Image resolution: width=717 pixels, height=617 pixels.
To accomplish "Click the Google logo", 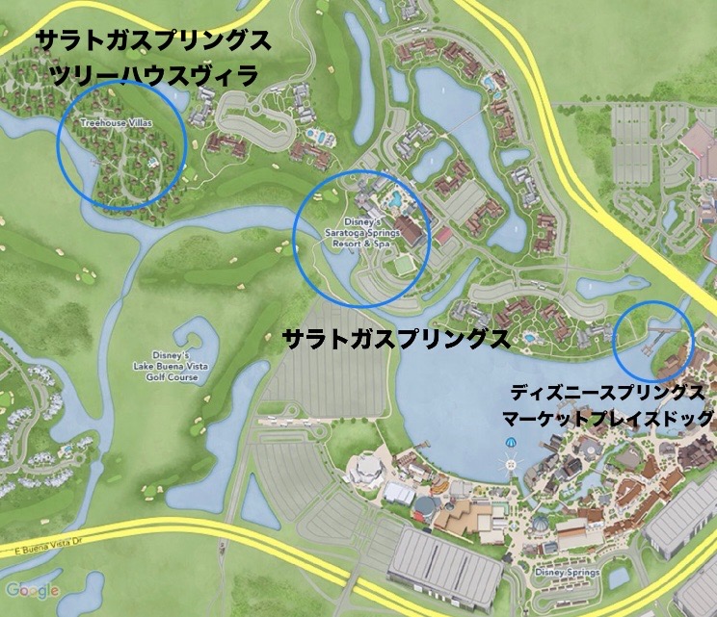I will tap(31, 590).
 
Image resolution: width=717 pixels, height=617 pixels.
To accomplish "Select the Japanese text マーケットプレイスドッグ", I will tap(607, 419).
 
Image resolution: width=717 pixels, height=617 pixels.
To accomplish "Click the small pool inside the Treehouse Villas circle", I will tap(153, 164).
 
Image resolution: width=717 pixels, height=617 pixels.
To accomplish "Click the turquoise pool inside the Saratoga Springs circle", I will tap(395, 201).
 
